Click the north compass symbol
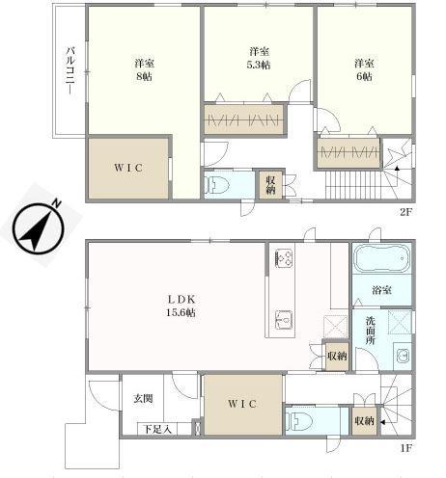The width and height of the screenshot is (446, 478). click(x=38, y=228)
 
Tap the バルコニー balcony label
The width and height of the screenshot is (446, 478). click(x=70, y=71)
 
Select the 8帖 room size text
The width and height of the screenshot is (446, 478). click(x=144, y=77)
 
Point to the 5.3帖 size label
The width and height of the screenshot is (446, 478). click(x=259, y=66)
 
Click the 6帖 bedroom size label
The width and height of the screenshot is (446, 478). click(x=364, y=77)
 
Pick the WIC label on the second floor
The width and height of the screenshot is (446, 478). click(x=128, y=168)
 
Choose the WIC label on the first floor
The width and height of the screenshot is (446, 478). click(x=242, y=404)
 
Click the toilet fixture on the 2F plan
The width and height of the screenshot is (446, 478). click(x=218, y=185)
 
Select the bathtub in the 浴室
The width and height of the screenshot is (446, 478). click(x=382, y=257)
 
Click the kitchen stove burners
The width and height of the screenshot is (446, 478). click(x=284, y=258)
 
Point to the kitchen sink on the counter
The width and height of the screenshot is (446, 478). click(x=284, y=320)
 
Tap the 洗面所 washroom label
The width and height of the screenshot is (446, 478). click(x=371, y=331)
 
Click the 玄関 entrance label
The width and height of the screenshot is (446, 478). click(x=144, y=399)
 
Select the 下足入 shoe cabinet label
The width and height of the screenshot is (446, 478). click(x=157, y=429)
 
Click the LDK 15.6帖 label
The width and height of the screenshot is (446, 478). click(x=181, y=305)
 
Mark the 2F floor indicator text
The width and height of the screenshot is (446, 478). click(x=406, y=212)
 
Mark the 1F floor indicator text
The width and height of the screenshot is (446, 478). click(x=406, y=448)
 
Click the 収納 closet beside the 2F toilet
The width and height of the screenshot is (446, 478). click(x=271, y=185)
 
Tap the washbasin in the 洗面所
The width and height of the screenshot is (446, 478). click(x=402, y=356)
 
